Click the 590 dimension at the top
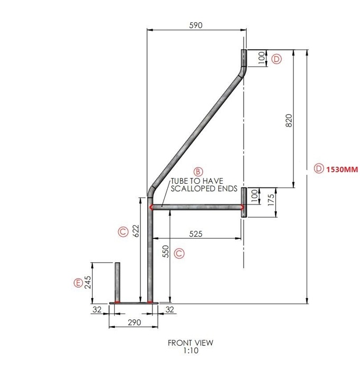pyautogui.click(x=196, y=25)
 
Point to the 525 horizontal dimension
pyautogui.click(x=196, y=233)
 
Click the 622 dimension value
pyautogui.click(x=136, y=230)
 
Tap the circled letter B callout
pyautogui.click(x=197, y=172)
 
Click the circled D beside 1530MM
pyautogui.click(x=318, y=169)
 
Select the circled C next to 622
pyautogui.click(x=122, y=231)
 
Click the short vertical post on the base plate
pyautogui.click(x=118, y=282)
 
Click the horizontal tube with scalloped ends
pyautogui.click(x=196, y=208)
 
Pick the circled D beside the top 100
pyautogui.click(x=277, y=60)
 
